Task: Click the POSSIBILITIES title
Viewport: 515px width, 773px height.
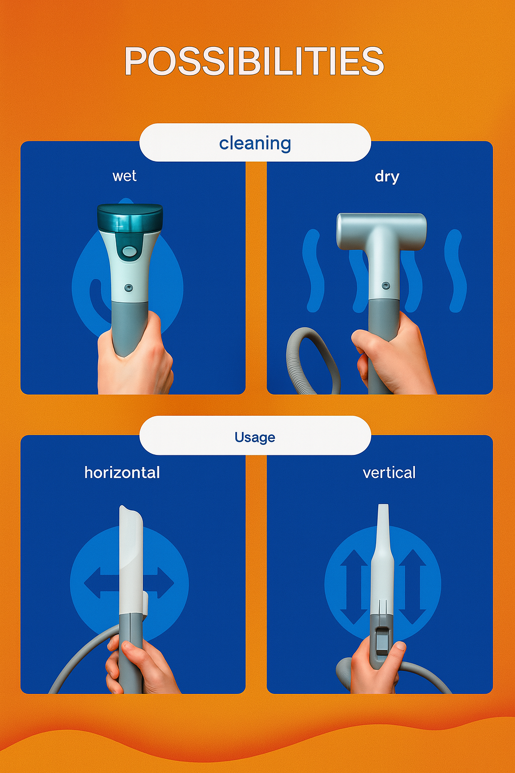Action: coord(254,61)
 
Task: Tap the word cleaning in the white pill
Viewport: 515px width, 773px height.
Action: coord(255,143)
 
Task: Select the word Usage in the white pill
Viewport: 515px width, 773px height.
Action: coord(255,437)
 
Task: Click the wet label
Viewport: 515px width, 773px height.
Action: coord(125,176)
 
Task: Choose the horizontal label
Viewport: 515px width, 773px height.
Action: coord(122,473)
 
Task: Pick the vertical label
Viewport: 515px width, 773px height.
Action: coord(389,473)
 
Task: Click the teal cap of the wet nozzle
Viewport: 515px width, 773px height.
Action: coord(130,218)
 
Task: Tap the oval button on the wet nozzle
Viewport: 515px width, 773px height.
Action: coord(129,251)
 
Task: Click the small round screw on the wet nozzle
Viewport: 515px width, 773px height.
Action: coord(128,287)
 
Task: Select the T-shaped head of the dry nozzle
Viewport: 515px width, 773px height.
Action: coord(382,230)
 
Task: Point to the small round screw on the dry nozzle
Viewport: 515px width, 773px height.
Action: coord(386,285)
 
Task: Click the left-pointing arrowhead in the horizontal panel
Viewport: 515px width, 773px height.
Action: coord(92,583)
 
